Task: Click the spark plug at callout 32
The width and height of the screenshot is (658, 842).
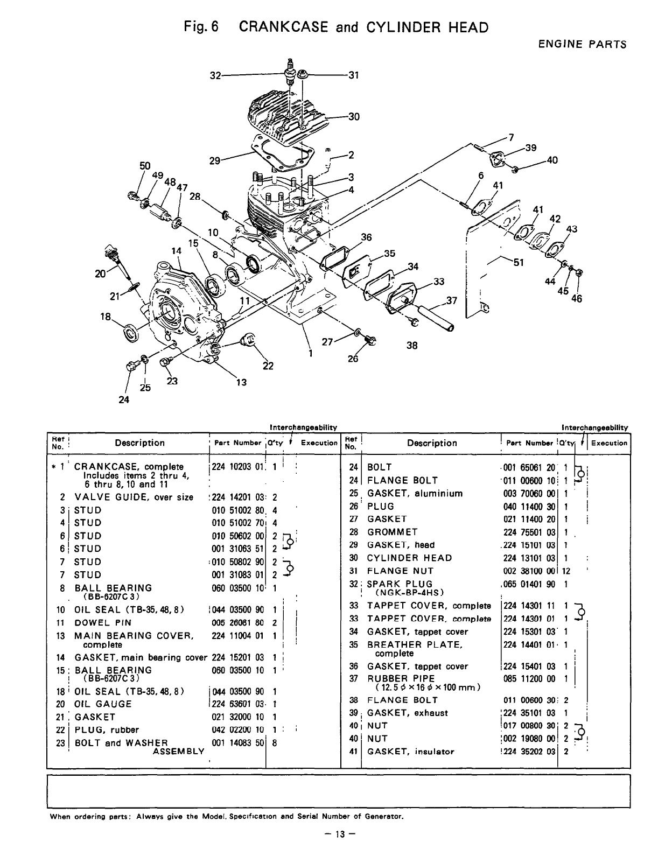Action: [291, 72]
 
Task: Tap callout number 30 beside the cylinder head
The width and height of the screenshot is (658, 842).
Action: [354, 116]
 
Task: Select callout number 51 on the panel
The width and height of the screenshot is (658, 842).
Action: [519, 263]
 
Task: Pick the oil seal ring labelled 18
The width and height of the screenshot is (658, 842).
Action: [131, 333]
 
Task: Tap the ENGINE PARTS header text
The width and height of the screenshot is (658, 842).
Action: [582, 45]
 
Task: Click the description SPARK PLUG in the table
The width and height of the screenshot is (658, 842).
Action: [399, 584]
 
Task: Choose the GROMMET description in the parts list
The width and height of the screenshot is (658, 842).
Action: [392, 532]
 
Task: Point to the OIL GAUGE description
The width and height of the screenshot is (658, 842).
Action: [103, 704]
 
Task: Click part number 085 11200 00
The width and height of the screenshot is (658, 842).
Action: [529, 679]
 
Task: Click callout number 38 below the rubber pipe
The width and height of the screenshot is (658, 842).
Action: [412, 346]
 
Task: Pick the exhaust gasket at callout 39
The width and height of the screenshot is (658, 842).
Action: [498, 159]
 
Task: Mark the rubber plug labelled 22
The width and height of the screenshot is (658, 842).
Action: [249, 340]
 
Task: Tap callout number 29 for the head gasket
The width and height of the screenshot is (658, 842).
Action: [215, 160]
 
